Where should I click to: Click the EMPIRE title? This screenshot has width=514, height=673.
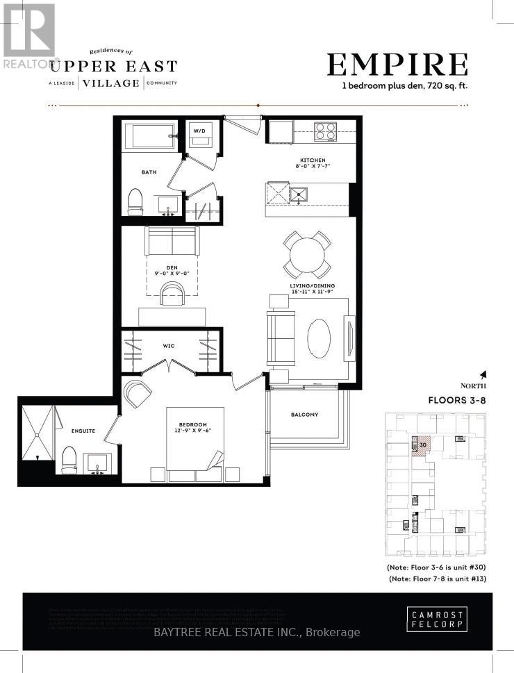click(x=397, y=65)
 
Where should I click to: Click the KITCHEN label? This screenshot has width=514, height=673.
click(x=307, y=161)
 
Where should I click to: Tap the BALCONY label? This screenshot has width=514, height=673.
click(x=304, y=415)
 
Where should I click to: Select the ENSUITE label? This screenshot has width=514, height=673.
click(x=83, y=431)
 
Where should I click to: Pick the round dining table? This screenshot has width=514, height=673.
click(x=307, y=255)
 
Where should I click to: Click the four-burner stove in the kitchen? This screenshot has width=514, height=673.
click(x=325, y=131)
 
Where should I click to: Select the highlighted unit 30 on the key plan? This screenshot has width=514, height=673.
click(x=423, y=445)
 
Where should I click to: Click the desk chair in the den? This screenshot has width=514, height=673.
click(x=172, y=294)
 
